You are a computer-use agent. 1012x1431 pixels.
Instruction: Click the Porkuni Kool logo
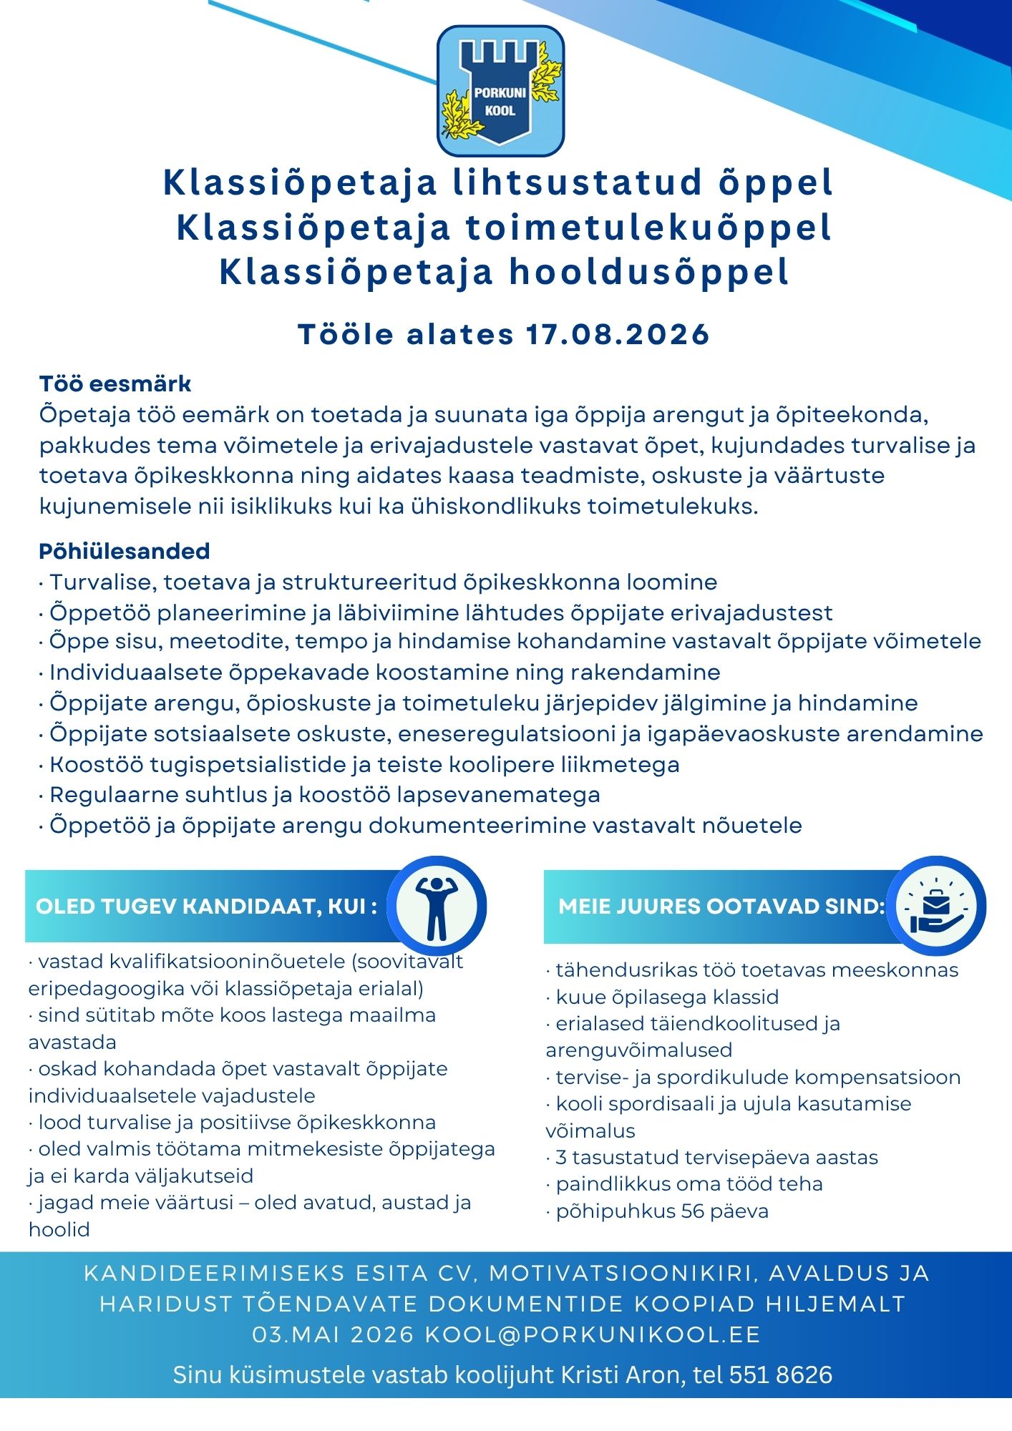pos(500,91)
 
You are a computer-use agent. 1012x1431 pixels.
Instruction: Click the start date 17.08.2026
pos(618,334)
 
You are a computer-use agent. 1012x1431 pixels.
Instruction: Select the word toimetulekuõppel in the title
pos(648,228)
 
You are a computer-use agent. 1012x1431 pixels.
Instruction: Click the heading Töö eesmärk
pos(115,384)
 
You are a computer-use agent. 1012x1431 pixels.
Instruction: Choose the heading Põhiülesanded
pos(124,552)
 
